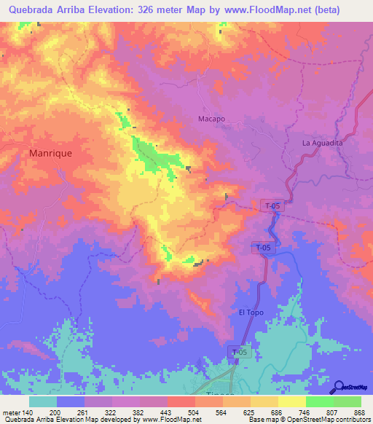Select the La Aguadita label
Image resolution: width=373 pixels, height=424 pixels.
(322, 143)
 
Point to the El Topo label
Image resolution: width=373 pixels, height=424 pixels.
(251, 313)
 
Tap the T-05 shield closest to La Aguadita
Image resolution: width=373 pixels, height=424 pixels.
(272, 206)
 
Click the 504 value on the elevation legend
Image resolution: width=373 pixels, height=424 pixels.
(193, 412)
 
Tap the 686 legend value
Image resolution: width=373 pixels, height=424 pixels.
(276, 412)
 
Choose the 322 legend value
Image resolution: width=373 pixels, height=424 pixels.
(109, 412)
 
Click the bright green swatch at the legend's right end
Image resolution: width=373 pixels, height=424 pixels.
(347, 401)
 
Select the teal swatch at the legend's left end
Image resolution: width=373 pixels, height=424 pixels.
(43, 401)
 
